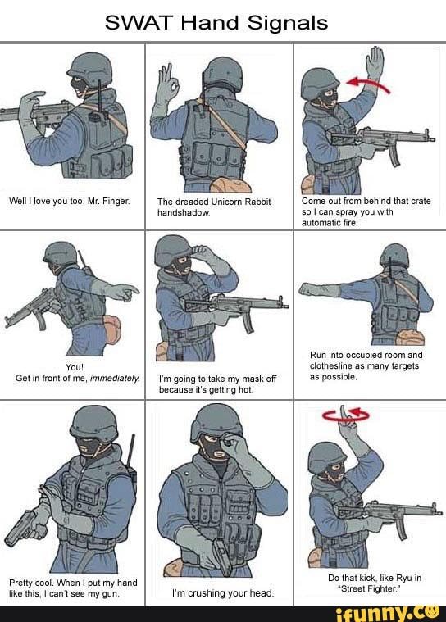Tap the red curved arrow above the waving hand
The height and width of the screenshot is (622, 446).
pos(367,82)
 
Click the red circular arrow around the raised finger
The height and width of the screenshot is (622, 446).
pos(347,416)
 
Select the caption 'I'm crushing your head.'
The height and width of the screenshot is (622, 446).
pos(222,592)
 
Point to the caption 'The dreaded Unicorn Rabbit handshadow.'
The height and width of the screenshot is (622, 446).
pos(213,206)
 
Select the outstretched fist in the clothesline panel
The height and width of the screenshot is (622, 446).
pos(308,288)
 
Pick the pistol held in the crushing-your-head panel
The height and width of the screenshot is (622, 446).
pos(219,557)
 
